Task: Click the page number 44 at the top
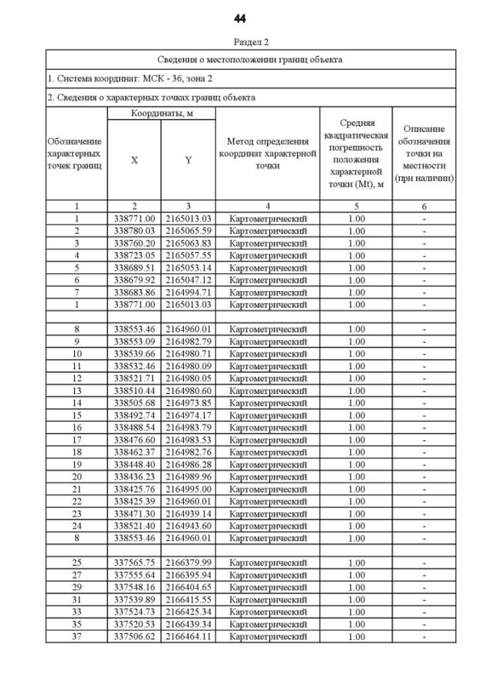(x=239, y=18)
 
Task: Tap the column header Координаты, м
(x=161, y=113)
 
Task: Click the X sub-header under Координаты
(x=134, y=160)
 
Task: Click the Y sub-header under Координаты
(x=188, y=160)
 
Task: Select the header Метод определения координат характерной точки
(x=268, y=153)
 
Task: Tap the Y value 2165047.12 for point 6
(x=188, y=280)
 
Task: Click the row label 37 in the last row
(x=76, y=637)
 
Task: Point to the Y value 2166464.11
(x=188, y=637)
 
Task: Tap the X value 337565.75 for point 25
(x=134, y=563)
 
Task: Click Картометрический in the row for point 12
(x=268, y=378)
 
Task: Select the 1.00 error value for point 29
(x=357, y=587)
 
